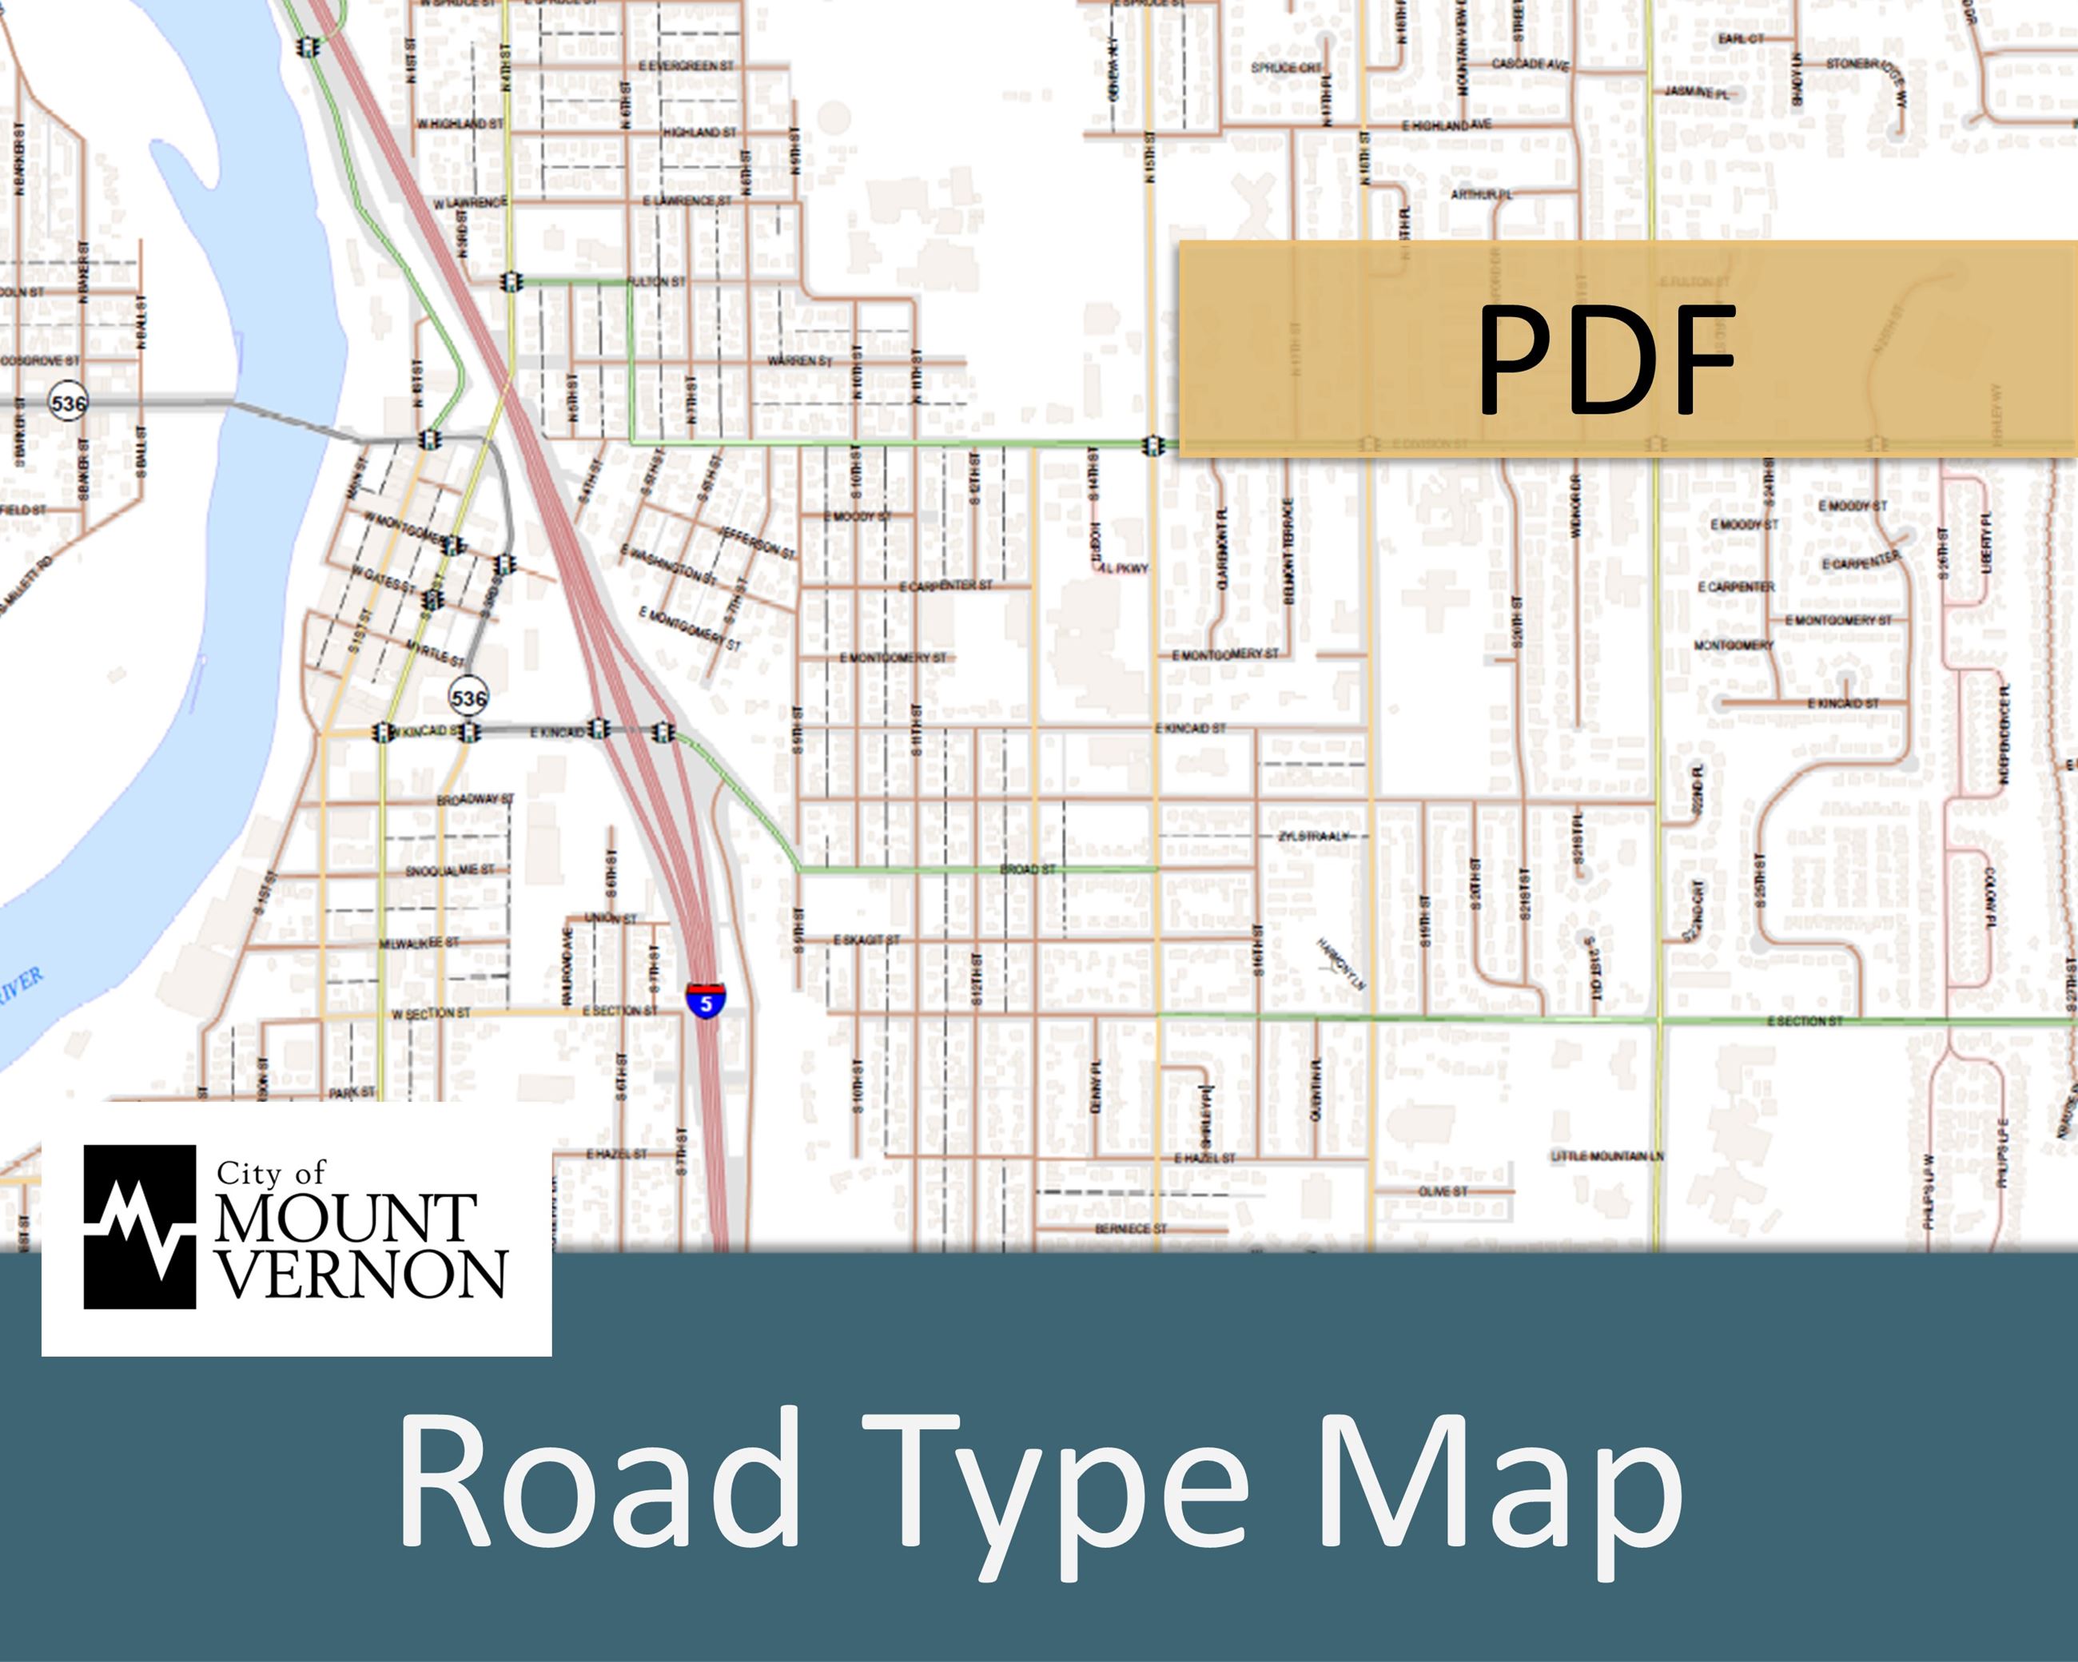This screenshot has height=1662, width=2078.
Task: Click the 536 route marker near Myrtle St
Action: (468, 697)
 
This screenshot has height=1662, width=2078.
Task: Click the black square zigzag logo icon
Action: (140, 1227)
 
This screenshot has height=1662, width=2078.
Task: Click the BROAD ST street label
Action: (1028, 869)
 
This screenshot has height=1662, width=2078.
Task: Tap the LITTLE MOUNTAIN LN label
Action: (1606, 1155)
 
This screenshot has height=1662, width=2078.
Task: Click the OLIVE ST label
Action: (1443, 1192)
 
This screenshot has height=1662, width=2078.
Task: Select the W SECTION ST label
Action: (431, 1013)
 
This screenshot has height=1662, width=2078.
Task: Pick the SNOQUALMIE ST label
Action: (449, 871)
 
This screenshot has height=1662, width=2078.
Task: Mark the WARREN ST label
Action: (799, 361)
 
